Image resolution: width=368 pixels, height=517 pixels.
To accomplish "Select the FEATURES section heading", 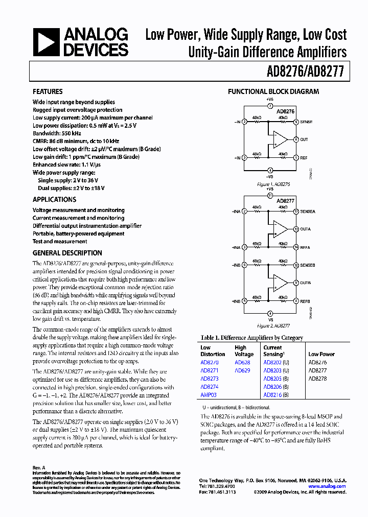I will click(x=48, y=91).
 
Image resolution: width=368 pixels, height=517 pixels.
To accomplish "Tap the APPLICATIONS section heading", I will click(x=54, y=200).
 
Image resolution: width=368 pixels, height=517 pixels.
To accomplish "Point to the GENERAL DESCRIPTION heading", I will click(x=67, y=253).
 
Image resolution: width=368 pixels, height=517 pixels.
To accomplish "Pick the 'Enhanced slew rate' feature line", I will click(x=66, y=165).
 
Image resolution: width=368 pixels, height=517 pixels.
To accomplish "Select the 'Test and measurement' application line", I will click(x=60, y=242).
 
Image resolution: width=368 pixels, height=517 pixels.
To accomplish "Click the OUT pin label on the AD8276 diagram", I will click(x=304, y=139).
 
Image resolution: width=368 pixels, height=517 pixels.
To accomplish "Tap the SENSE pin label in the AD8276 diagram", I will click(x=306, y=122).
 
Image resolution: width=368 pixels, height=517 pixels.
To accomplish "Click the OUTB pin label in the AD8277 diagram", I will click(x=305, y=283).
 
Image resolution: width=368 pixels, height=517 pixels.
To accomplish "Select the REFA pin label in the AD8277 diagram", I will click(x=305, y=247).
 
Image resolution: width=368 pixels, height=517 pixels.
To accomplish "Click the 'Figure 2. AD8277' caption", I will click(x=273, y=325).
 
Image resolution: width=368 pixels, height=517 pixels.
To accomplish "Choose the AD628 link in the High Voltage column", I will click(x=242, y=362).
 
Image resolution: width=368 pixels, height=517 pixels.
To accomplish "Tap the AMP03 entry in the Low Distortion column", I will click(x=209, y=395).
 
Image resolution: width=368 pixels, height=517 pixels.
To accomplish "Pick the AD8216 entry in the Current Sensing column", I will click(x=273, y=395).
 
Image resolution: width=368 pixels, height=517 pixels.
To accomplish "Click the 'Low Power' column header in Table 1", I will click(x=321, y=354).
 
